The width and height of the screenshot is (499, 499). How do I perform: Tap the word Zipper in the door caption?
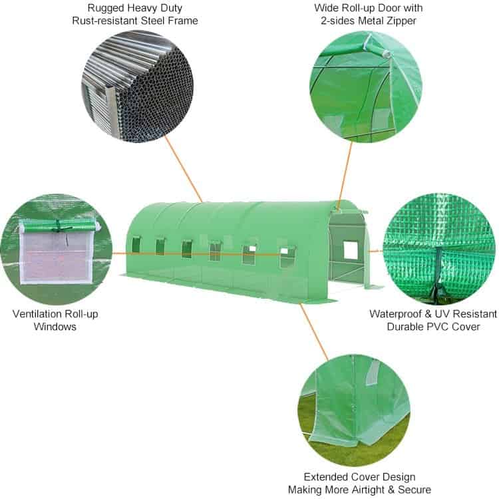[x=401, y=21]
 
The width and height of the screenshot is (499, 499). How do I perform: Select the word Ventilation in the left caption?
[x=37, y=314]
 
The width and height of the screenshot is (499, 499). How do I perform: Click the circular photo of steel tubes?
[x=138, y=86]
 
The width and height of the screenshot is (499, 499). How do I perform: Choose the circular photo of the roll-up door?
[x=366, y=86]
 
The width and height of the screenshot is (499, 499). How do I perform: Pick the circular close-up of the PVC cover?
[x=439, y=249]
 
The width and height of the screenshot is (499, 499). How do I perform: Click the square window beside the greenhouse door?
[x=351, y=249]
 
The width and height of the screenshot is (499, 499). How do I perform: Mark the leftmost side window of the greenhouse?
[x=136, y=244]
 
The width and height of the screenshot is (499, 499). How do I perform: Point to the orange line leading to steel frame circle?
[x=184, y=169]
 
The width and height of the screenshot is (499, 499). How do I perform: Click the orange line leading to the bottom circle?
[x=314, y=332]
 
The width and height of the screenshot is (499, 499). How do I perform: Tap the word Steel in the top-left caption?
[x=153, y=21]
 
